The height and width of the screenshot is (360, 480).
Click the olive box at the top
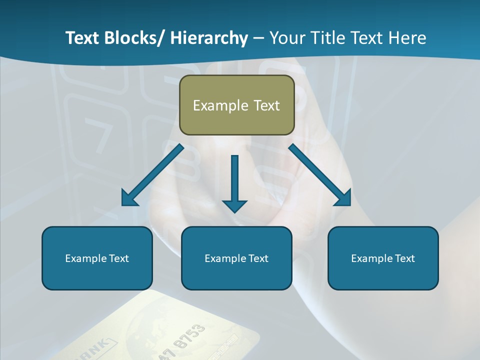click(x=236, y=105)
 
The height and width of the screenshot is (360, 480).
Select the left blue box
click(x=97, y=258)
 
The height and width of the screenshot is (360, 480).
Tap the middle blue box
click(x=236, y=258)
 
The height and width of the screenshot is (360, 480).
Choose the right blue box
click(x=383, y=258)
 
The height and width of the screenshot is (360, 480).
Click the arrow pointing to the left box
click(x=152, y=175)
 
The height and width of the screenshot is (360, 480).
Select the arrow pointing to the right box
click(x=320, y=175)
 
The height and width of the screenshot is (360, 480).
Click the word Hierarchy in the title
click(x=209, y=38)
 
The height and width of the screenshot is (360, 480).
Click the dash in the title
click(x=258, y=38)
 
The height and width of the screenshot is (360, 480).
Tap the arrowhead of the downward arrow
click(x=234, y=205)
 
